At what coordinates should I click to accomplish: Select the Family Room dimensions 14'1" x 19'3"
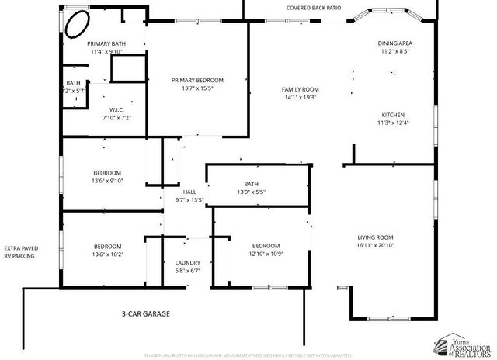[300, 98]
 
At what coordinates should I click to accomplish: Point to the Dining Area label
[394, 43]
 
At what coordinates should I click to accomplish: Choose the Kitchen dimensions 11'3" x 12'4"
[392, 123]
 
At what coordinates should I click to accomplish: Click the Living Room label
[375, 237]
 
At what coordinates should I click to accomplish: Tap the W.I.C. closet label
[117, 109]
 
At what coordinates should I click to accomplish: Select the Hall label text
[189, 192]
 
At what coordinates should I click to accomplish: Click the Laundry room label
[187, 262]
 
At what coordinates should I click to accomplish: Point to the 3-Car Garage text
[145, 314]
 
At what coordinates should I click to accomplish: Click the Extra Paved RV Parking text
[21, 251]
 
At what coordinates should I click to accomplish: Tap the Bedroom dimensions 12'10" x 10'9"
[266, 254]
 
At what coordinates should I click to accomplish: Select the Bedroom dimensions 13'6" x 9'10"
[107, 181]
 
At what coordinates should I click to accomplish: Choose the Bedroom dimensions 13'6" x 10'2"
[107, 254]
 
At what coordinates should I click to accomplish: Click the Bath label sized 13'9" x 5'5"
[251, 183]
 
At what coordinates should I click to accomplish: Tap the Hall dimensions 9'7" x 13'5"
[188, 200]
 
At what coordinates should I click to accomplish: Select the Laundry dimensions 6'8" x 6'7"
[187, 271]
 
